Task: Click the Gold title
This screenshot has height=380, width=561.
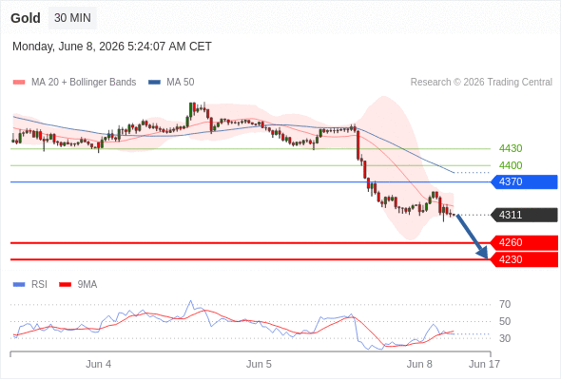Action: pos(26,18)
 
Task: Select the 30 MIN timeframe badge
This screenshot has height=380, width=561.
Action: pos(72,18)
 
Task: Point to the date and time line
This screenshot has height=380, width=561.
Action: pos(112,47)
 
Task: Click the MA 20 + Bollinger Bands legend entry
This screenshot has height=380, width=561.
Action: pos(74,83)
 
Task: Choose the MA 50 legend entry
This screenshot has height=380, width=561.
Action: pos(171,83)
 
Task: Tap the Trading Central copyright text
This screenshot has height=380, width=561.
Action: pos(481,83)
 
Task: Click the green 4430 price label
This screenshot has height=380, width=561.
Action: pos(511,148)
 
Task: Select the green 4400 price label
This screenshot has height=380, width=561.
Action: pos(511,165)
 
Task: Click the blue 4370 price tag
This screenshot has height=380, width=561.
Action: pos(524,182)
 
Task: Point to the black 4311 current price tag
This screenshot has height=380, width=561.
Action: pos(524,215)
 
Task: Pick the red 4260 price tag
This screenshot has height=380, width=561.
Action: pos(524,243)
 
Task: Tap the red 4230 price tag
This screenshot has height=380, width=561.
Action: pos(524,259)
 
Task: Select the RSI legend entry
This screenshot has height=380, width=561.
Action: pos(30,285)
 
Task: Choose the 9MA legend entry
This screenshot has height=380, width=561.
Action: pos(78,285)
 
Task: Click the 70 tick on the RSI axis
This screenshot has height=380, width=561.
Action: pos(505,305)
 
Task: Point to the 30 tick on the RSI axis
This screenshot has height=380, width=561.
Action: pos(505,338)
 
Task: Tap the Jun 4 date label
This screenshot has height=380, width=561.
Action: pos(98,364)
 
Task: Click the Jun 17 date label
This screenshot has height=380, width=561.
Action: pos(484,364)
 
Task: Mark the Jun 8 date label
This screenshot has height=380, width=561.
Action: pos(419,364)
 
